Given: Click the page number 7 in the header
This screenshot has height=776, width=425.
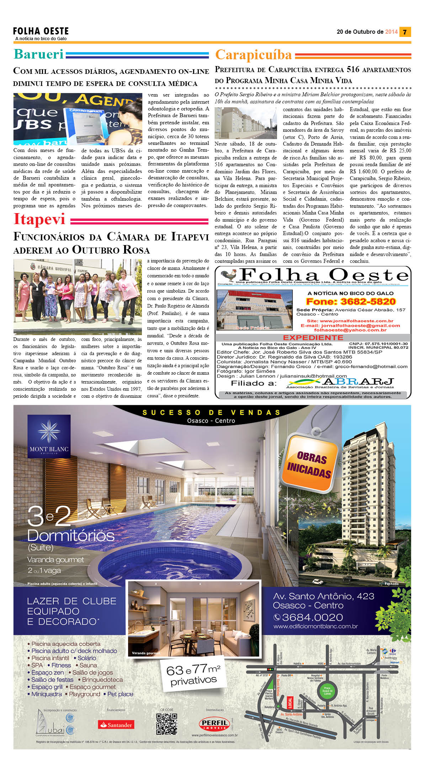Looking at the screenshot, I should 405,32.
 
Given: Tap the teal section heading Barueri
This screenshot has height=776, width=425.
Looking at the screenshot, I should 38,54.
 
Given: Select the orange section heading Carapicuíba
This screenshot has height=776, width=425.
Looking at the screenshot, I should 253,55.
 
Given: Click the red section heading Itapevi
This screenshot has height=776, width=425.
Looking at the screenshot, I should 39,219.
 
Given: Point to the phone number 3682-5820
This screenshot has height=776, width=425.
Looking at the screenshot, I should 350,302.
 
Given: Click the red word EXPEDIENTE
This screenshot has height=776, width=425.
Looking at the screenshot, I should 313,337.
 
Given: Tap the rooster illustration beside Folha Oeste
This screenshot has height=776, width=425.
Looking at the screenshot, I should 228,275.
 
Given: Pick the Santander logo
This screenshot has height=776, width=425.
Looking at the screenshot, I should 116,725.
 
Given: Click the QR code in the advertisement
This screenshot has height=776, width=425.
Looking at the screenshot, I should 166,724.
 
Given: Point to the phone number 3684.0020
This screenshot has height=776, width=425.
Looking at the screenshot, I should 308,617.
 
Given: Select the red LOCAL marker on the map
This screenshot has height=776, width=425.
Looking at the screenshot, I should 290,702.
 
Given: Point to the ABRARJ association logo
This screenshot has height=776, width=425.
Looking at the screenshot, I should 340,383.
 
